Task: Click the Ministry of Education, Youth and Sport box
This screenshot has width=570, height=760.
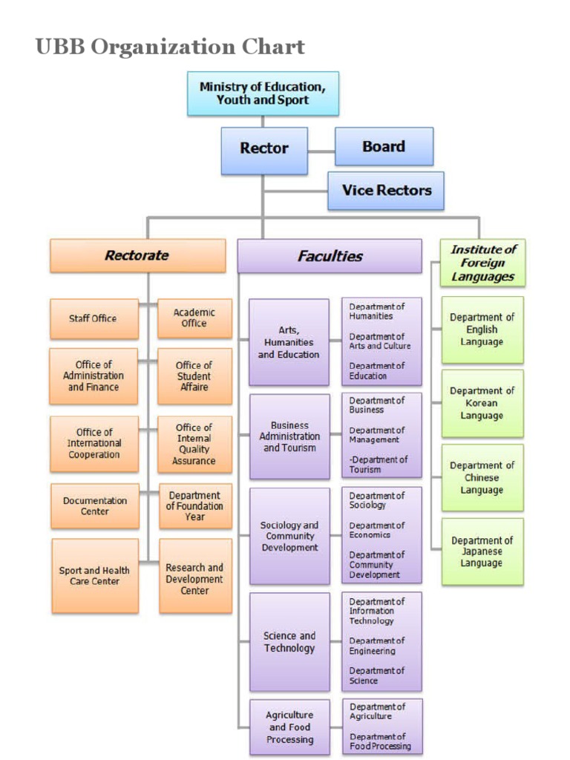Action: pos(263,94)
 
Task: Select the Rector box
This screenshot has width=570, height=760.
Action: pos(263,148)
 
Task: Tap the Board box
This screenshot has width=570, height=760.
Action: pos(384,146)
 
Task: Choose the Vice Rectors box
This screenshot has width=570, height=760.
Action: pos(386,190)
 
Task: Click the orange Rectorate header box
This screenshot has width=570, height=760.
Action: pos(137,255)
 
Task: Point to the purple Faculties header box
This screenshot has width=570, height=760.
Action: pos(330,256)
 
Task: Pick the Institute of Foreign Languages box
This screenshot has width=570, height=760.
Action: pos(482,263)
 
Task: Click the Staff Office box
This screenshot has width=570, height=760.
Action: pos(94,318)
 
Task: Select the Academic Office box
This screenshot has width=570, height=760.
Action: pos(194,318)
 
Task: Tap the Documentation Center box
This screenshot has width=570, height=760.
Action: pos(94,506)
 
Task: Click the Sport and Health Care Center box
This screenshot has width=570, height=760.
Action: pos(94,576)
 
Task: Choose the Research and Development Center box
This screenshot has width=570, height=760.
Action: pos(194,579)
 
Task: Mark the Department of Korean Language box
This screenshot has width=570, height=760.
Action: pos(482,403)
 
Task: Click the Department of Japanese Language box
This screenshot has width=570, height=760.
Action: pos(482,552)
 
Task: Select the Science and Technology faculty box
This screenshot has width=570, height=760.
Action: pos(289,642)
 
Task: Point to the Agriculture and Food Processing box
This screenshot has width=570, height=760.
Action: pos(289,727)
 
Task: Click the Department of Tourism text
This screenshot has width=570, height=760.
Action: pos(379,465)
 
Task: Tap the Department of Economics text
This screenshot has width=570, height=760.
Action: pos(377,530)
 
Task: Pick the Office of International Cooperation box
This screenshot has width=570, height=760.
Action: pos(94,443)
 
